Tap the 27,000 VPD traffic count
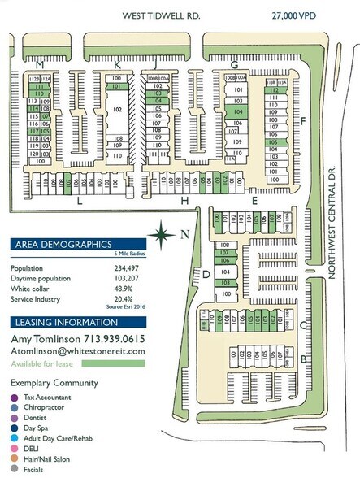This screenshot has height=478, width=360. pos(293,15)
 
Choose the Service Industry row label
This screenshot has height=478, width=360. pos(36,298)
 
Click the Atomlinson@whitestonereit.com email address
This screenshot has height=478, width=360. pos(77,351)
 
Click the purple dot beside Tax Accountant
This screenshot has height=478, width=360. pos(15,398)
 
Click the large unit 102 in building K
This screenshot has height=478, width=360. pos(118,108)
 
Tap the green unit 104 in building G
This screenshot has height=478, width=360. pos(237,111)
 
